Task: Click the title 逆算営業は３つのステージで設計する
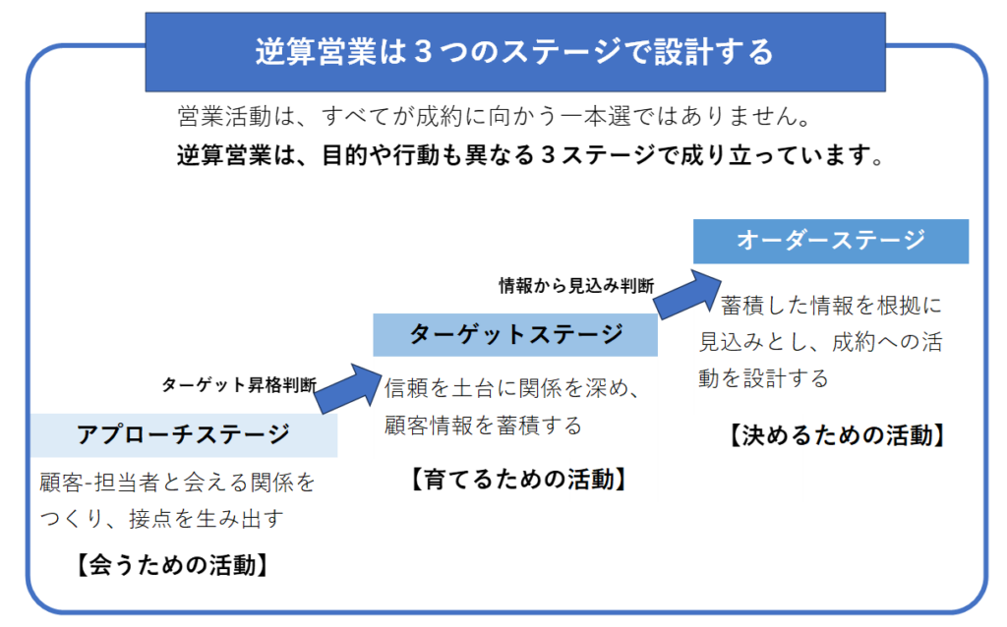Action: point(514,51)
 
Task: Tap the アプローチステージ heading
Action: point(184,434)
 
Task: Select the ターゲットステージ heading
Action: point(516,334)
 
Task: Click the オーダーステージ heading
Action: point(831,241)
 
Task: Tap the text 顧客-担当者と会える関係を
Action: point(178,483)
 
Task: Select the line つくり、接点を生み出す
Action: point(160,519)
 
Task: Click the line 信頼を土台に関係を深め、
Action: point(512,388)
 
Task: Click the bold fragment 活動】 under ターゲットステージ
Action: point(599,480)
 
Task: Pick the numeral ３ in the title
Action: point(424,51)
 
